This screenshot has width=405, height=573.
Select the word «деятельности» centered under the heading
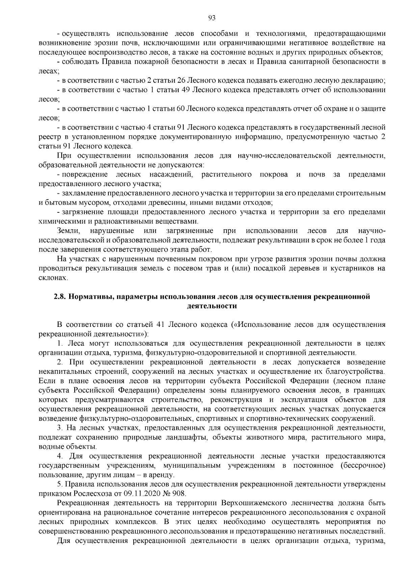tap(212, 306)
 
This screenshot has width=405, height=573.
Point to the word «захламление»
tap(83, 193)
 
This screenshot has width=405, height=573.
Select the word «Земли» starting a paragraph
tap(68, 231)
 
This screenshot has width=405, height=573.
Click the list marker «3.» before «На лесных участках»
tap(61, 428)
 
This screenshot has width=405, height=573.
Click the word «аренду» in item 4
tap(162, 475)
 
